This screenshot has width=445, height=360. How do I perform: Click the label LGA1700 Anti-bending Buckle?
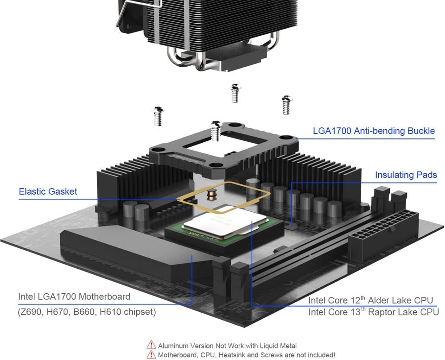(x=374, y=131)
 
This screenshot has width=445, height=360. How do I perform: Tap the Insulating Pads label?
(x=406, y=175)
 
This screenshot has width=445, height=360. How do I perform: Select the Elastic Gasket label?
(x=48, y=191)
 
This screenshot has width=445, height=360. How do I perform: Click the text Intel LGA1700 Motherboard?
(x=74, y=297)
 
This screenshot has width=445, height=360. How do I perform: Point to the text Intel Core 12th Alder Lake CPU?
(x=371, y=301)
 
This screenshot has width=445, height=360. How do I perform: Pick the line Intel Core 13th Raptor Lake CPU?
(x=374, y=312)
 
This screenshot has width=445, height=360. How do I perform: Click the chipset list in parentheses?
(x=87, y=312)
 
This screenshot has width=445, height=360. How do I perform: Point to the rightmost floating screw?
(x=286, y=105)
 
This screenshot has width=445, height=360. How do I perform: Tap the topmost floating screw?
(x=235, y=93)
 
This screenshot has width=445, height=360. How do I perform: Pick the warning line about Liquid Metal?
(x=227, y=346)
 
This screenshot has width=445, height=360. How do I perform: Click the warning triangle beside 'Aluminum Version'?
(x=151, y=345)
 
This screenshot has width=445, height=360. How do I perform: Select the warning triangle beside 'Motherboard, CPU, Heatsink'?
(x=151, y=355)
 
